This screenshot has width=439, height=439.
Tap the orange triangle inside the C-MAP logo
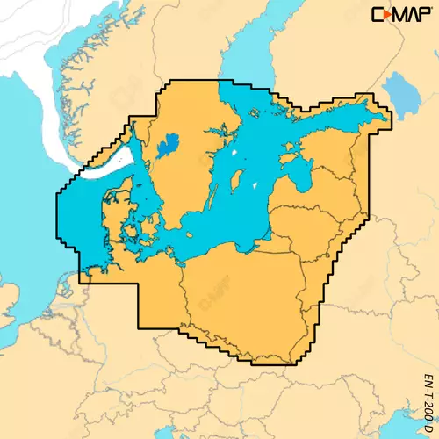click(x=386, y=15)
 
